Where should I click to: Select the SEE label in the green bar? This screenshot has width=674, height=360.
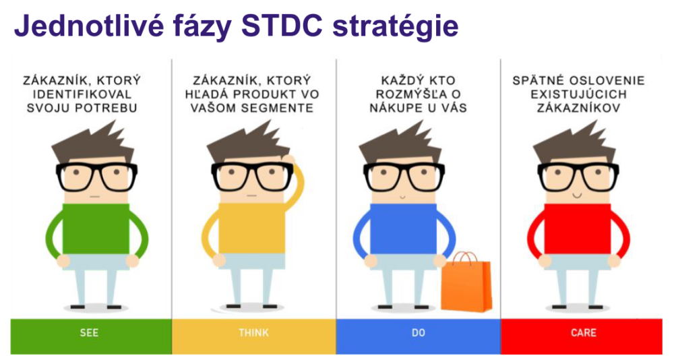pyautogui.click(x=89, y=333)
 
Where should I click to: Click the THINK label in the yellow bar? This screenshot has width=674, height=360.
pyautogui.click(x=253, y=333)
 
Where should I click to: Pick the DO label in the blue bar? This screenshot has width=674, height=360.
pyautogui.click(x=419, y=333)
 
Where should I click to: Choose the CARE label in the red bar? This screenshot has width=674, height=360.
pyautogui.click(x=583, y=333)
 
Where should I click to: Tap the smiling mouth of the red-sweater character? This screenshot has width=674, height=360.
pyautogui.click(x=577, y=196)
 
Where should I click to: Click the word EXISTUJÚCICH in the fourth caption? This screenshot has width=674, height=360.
pyautogui.click(x=578, y=94)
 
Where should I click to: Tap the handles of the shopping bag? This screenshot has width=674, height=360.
pyautogui.click(x=464, y=258)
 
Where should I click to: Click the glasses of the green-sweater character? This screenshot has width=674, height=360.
pyautogui.click(x=96, y=177)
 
